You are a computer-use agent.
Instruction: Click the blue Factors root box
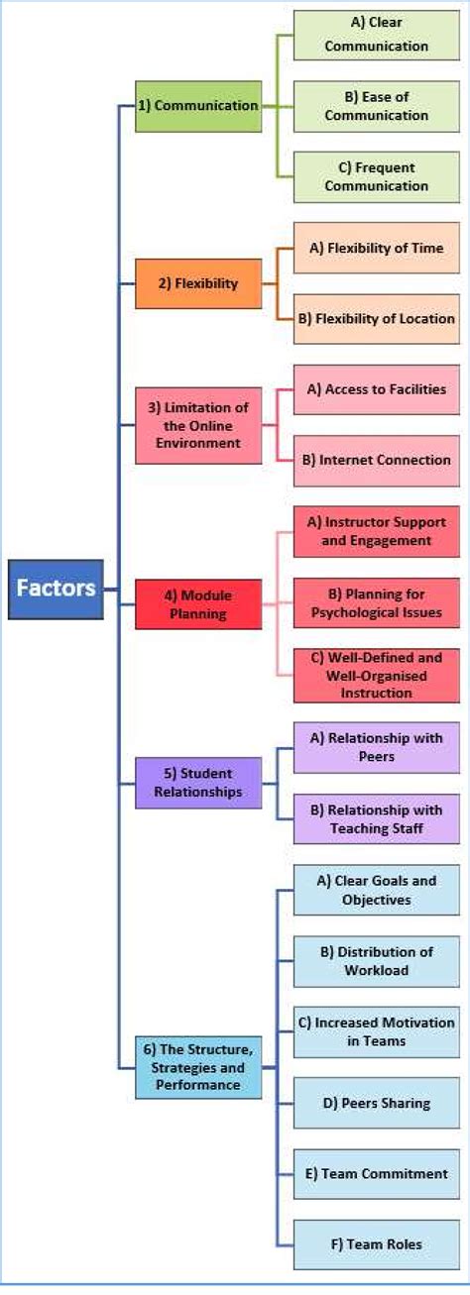(x=56, y=589)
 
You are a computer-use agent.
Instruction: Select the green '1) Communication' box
(x=198, y=106)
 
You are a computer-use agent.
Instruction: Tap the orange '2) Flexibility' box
(x=198, y=283)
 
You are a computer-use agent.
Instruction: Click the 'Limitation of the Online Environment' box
(x=198, y=425)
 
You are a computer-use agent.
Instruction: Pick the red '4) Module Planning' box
(x=198, y=603)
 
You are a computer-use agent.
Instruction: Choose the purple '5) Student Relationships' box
(x=198, y=782)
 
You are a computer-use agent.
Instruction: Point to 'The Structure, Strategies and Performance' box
(x=198, y=1066)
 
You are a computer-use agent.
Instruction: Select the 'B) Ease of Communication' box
(x=376, y=106)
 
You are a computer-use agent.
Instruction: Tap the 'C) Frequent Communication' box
(x=376, y=176)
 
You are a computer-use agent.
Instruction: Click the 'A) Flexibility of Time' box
(x=376, y=248)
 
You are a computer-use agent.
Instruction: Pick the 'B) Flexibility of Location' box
(x=376, y=318)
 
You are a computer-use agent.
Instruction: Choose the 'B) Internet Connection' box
(x=376, y=460)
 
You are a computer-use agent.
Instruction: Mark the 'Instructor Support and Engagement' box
(x=376, y=531)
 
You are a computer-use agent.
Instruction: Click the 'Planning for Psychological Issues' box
(x=376, y=602)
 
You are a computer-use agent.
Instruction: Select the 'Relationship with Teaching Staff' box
(x=376, y=818)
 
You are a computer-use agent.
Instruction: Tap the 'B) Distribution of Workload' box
(x=376, y=960)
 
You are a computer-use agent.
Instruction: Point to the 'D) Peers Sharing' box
(x=376, y=1102)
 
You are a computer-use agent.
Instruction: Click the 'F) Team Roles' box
(x=376, y=1243)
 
